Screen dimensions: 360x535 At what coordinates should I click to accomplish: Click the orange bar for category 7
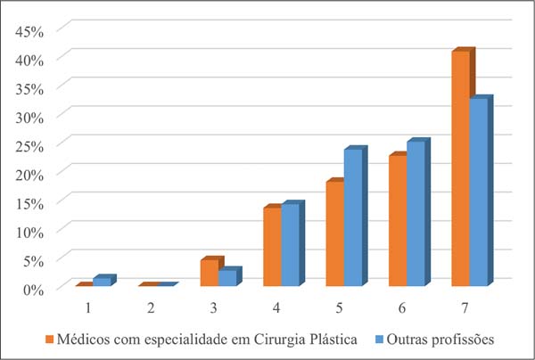460,169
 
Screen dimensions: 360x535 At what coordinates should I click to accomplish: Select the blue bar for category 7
479,192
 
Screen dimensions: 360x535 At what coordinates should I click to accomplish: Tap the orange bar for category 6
397,221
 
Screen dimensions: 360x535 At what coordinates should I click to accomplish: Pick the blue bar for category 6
416,214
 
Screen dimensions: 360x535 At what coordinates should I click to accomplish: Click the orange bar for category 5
334,233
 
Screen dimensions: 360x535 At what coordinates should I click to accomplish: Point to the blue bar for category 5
353,217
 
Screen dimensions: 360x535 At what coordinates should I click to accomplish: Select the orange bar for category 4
272,247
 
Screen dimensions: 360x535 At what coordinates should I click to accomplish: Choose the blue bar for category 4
291,245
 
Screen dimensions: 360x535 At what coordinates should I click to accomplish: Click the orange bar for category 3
210,273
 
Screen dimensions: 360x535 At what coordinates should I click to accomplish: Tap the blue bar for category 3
227,278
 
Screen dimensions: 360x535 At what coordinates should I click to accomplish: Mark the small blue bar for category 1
103,282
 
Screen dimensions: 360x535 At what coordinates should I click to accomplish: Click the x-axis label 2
151,307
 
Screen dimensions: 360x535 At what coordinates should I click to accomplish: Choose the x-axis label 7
465,307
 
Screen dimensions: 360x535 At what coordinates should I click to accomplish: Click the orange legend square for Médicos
49,340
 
